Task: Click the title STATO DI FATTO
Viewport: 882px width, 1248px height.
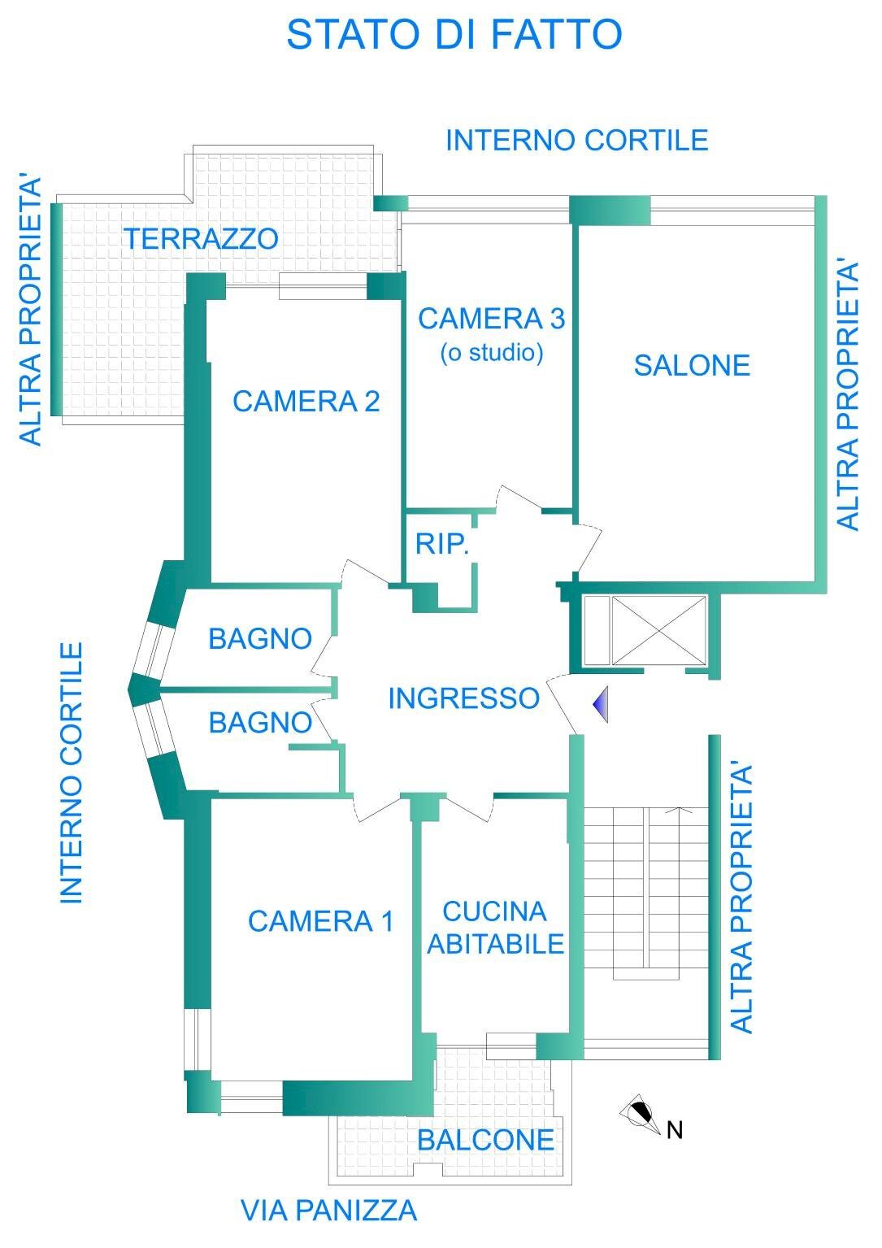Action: tap(454, 35)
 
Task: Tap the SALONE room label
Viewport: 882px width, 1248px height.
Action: tap(692, 366)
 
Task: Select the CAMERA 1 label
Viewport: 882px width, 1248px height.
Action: tap(320, 921)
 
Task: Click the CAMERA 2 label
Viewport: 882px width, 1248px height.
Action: tap(306, 401)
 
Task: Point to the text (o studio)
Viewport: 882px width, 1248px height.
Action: tap(492, 354)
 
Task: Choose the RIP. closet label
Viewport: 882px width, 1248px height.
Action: tap(442, 544)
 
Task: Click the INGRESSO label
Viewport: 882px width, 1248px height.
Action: tap(463, 698)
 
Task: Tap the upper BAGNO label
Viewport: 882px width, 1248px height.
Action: tap(260, 639)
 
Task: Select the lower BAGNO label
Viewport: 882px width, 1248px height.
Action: tap(260, 723)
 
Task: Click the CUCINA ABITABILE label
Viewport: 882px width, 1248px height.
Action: tap(495, 928)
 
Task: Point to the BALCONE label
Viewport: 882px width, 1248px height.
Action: tap(485, 1140)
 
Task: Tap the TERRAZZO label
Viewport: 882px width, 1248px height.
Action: tap(201, 239)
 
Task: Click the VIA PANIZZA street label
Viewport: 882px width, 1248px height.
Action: tap(328, 1211)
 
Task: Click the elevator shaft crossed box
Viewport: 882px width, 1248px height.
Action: tap(658, 629)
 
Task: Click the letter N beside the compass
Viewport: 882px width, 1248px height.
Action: tap(674, 1130)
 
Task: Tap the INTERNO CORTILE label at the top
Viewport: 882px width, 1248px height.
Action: tap(576, 141)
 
